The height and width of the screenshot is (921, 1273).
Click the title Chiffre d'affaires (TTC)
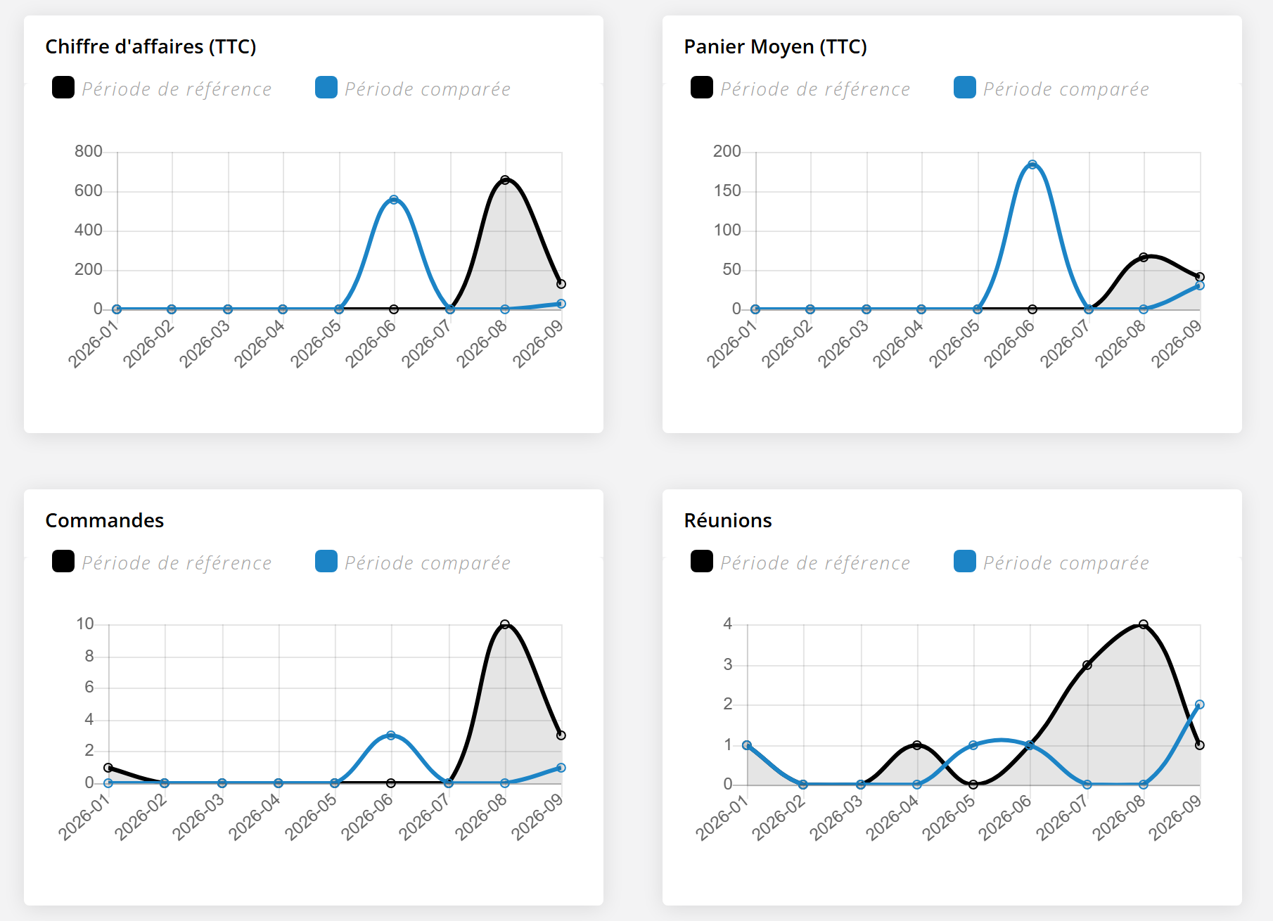point(151,46)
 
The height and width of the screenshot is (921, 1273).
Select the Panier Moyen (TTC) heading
point(775,46)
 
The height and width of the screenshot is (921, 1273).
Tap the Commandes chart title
point(105,520)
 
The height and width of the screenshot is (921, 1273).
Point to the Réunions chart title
point(728,520)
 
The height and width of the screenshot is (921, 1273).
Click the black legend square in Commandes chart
point(63,561)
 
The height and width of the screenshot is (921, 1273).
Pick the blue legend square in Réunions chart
point(965,561)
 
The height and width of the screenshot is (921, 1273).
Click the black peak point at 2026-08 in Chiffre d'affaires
point(505,180)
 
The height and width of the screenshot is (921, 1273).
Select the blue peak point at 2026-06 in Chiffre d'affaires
point(394,200)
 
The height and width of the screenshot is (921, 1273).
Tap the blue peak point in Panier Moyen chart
point(1032,165)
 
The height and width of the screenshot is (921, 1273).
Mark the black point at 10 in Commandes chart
point(505,624)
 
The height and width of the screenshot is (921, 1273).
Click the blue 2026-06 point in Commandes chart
point(391,735)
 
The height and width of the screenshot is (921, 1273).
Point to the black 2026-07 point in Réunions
point(1087,665)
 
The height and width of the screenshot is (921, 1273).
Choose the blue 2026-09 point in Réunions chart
point(1200,704)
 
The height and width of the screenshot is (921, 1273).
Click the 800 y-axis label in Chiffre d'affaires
point(89,151)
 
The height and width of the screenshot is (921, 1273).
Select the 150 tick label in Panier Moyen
point(727,191)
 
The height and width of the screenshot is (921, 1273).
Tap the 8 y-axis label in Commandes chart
point(89,656)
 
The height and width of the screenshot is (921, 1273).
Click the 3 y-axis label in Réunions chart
point(728,664)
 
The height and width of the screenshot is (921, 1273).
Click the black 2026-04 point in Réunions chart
point(917,745)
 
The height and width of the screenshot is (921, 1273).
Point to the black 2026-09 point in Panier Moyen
point(1200,277)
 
